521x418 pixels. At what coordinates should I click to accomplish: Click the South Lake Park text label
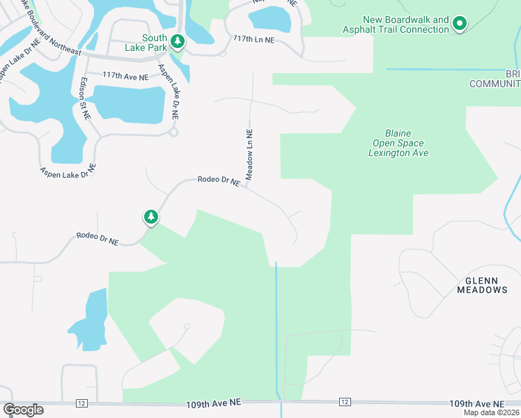154,42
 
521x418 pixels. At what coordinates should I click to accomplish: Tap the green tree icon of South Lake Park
178,42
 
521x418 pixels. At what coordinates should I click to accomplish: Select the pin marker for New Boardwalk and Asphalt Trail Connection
459,24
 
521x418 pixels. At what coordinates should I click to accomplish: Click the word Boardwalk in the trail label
406,20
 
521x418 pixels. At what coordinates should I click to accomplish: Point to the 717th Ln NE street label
254,40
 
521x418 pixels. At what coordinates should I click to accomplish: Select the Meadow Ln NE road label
248,154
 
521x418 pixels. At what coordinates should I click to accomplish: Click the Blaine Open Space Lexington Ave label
398,143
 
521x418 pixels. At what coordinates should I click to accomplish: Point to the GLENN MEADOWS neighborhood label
481,284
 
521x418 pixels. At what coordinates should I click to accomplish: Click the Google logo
23,410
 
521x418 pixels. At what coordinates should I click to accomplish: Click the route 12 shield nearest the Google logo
81,403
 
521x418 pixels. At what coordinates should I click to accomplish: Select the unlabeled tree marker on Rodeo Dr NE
150,217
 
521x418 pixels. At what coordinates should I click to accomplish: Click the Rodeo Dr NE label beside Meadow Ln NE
219,180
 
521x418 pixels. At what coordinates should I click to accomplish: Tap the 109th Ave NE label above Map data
476,404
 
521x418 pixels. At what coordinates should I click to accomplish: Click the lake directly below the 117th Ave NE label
133,103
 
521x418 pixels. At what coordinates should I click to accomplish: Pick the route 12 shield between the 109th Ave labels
344,403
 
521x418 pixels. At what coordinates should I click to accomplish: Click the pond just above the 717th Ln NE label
268,18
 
